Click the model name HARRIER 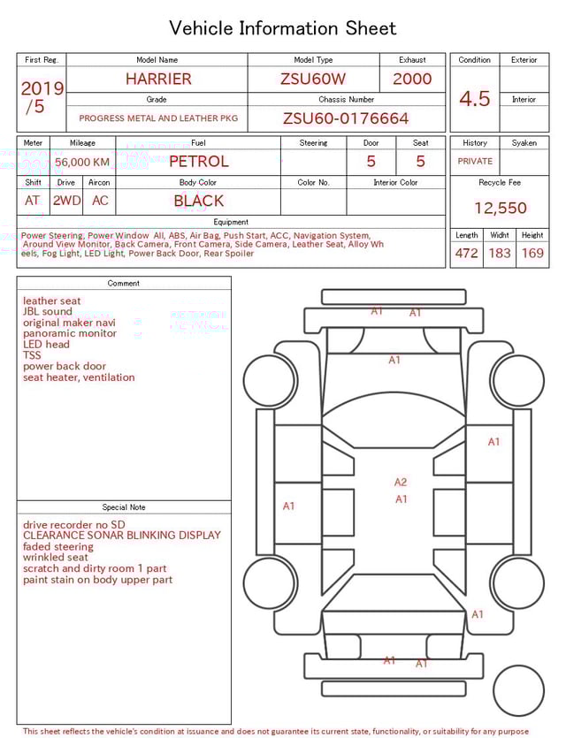tap(158, 79)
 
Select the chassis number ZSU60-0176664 tap(346, 118)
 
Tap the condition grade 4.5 tap(474, 99)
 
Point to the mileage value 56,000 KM tap(82, 163)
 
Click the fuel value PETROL tap(198, 162)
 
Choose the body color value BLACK tap(198, 201)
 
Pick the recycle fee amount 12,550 tap(500, 209)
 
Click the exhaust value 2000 tap(412, 79)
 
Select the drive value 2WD tap(66, 201)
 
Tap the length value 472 tap(466, 254)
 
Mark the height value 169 tap(532, 254)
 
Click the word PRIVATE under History tap(475, 162)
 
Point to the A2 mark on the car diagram tap(401, 482)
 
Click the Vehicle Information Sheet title tap(283, 28)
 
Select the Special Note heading tap(124, 507)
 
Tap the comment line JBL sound tap(48, 312)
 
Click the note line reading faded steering tap(58, 546)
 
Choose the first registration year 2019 tap(42, 88)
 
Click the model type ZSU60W tap(313, 79)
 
